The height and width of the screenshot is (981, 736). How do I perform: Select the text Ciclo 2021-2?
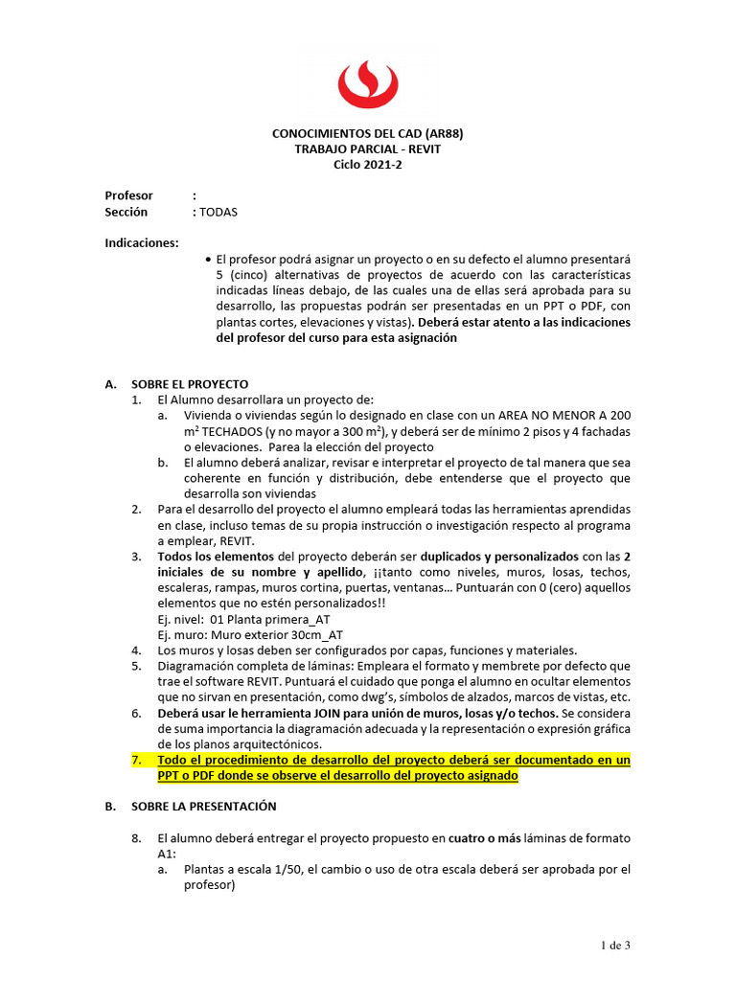pyautogui.click(x=368, y=164)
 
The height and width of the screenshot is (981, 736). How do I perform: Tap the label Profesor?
pyautogui.click(x=128, y=195)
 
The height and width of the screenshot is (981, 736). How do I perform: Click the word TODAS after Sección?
pyautogui.click(x=218, y=212)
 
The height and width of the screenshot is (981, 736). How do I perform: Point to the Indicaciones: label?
pyautogui.click(x=141, y=242)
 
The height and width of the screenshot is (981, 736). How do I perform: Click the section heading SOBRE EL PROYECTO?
pyautogui.click(x=190, y=383)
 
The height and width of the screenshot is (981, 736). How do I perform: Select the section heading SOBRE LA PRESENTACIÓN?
pyautogui.click(x=203, y=806)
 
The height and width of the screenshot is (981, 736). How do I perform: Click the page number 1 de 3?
pyautogui.click(x=615, y=947)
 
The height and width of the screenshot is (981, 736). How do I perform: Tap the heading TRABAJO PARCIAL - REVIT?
pyautogui.click(x=368, y=149)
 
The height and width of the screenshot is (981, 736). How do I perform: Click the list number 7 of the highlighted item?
pyautogui.click(x=136, y=760)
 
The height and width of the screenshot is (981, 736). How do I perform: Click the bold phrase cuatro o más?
pyautogui.click(x=485, y=838)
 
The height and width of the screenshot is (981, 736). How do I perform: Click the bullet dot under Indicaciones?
pyautogui.click(x=209, y=259)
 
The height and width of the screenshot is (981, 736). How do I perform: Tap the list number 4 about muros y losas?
pyautogui.click(x=136, y=650)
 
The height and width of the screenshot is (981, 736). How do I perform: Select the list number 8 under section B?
pyautogui.click(x=136, y=838)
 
